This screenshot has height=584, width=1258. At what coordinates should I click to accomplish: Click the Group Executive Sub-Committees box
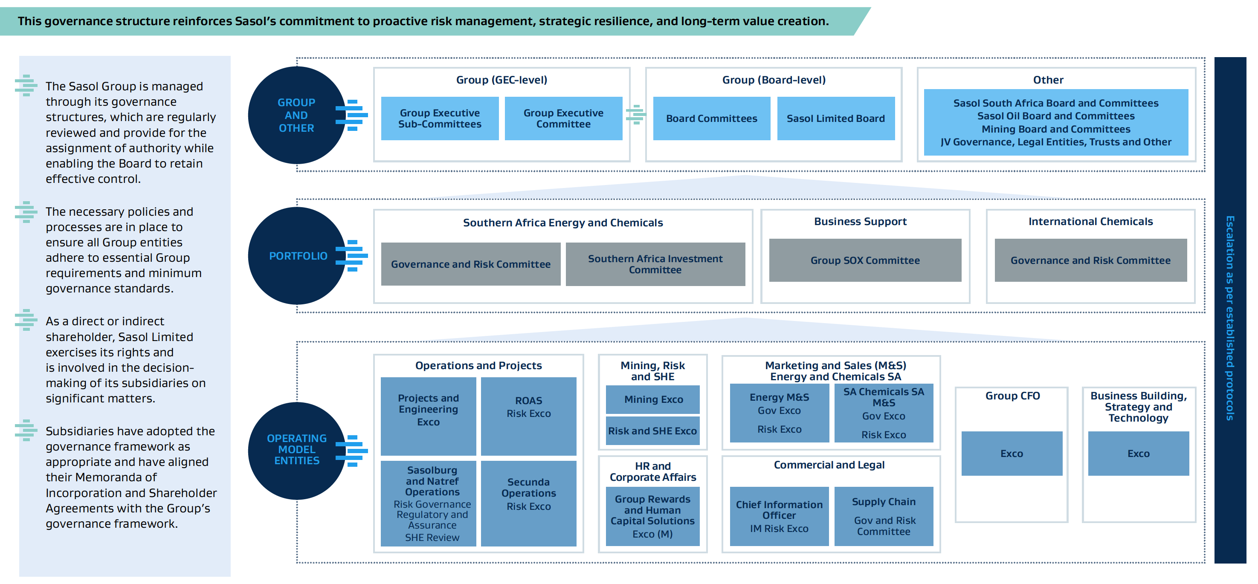pyautogui.click(x=440, y=119)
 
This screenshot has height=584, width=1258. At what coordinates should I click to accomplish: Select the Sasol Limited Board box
pyautogui.click(x=835, y=119)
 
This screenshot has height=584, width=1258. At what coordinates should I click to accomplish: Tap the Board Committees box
pyautogui.click(x=712, y=119)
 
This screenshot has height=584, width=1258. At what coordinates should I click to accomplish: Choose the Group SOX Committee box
pyautogui.click(x=865, y=260)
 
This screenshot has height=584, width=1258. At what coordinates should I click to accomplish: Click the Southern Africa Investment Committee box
pyautogui.click(x=655, y=264)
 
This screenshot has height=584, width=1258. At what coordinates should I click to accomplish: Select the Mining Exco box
pyautogui.click(x=653, y=399)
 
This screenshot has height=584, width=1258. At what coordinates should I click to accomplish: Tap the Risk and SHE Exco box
pyautogui.click(x=652, y=431)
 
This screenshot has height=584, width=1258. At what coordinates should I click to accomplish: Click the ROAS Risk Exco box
pyautogui.click(x=528, y=416)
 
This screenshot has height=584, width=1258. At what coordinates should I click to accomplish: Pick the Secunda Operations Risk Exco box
pyautogui.click(x=528, y=503)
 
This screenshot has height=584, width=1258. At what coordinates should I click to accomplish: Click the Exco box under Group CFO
pyautogui.click(x=1012, y=453)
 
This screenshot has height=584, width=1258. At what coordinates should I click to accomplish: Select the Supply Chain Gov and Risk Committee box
pyautogui.click(x=884, y=516)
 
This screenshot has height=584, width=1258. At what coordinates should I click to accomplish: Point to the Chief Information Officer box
pyautogui.click(x=779, y=516)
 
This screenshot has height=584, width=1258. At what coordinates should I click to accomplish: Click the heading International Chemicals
pyautogui.click(x=1090, y=222)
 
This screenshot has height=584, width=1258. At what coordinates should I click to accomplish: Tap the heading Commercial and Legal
pyautogui.click(x=829, y=465)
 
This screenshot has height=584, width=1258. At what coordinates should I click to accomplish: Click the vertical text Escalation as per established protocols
pyautogui.click(x=1230, y=318)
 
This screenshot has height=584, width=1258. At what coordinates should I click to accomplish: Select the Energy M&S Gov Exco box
pyautogui.click(x=779, y=413)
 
